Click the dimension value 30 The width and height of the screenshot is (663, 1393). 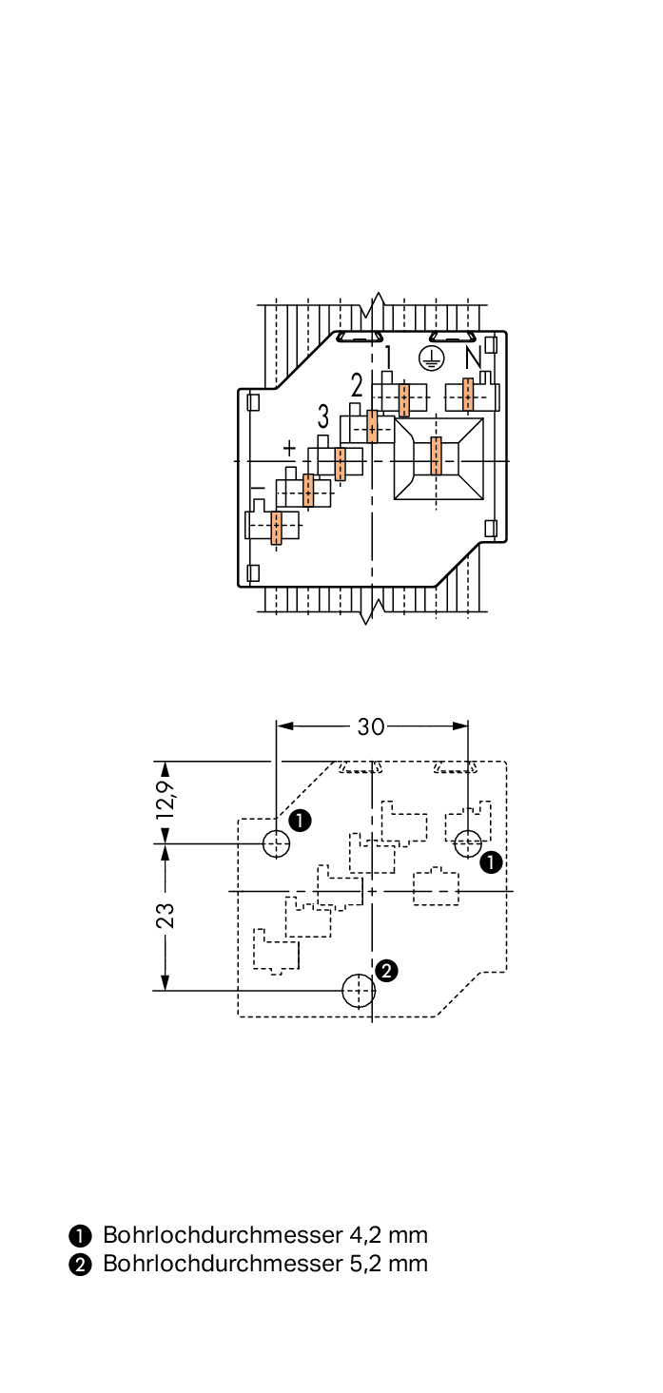coord(371,726)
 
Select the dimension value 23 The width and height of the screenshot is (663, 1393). coord(166,915)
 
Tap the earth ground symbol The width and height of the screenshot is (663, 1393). coord(432,358)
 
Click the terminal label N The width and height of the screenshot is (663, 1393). coord(473,358)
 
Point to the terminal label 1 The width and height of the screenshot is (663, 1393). coord(388,358)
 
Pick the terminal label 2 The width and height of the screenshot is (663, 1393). coord(357,385)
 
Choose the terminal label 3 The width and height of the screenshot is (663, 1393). coord(323,416)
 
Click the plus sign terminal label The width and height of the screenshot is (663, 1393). coord(289,447)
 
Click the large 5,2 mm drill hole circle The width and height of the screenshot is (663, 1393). coord(359,990)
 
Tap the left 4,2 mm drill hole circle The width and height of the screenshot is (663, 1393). coord(276,842)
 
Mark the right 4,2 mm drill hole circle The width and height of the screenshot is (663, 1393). coord(467,842)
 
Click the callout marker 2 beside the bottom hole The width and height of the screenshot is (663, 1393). coord(386,970)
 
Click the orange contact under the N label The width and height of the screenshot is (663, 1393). coord(467,395)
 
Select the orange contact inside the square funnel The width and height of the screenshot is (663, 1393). coord(437,456)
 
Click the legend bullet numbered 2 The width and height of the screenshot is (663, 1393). coord(80,1265)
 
